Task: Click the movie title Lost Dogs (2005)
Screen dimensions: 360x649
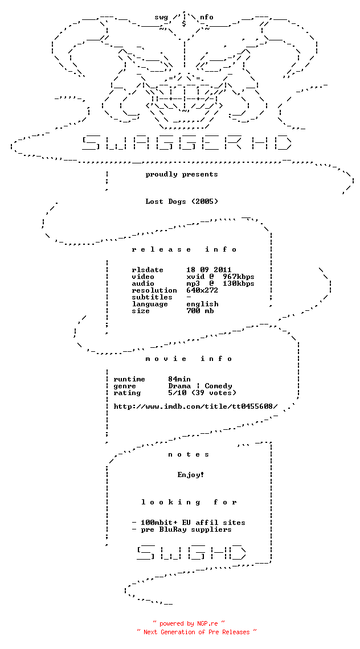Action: click(182, 202)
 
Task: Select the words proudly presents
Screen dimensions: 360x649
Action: click(182, 174)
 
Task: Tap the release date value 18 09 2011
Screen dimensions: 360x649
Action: click(209, 270)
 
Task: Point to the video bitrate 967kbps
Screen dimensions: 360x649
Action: click(239, 277)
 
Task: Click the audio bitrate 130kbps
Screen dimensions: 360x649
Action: click(239, 284)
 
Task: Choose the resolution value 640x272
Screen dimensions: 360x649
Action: click(202, 290)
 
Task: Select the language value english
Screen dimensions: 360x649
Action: click(202, 304)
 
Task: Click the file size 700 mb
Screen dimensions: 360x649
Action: click(200, 311)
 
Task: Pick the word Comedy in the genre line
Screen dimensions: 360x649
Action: click(218, 386)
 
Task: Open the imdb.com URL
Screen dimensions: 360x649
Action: click(195, 406)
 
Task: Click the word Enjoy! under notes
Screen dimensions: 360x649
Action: click(191, 475)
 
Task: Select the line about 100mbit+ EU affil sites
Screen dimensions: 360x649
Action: click(189, 523)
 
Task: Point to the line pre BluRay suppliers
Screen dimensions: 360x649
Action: click(182, 529)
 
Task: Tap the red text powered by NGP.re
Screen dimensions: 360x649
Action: click(189, 623)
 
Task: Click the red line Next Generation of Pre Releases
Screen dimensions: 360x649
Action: click(197, 632)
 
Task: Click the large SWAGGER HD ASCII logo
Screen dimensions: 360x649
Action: click(187, 142)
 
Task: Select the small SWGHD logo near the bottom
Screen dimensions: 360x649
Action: click(191, 552)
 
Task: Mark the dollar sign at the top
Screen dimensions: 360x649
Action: click(184, 23)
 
